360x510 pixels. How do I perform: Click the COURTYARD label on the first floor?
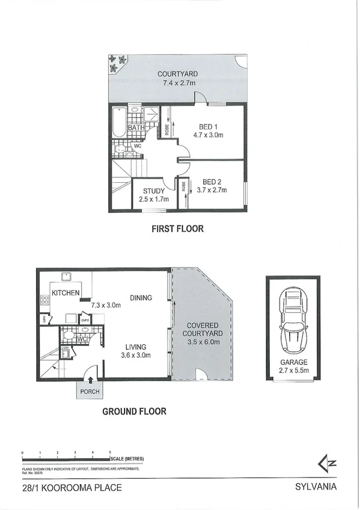pos(177,74)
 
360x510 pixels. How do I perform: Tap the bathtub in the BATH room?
pos(118,122)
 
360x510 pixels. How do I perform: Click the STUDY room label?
pos(154,191)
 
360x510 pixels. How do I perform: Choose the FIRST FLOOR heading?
pos(177,229)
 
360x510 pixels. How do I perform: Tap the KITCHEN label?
pos(66,292)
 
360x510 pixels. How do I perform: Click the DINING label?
pos(140,297)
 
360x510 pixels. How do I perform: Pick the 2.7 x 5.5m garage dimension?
pos(293,371)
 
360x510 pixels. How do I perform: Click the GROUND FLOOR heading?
pos(133,412)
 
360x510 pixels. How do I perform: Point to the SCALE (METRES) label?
pos(126,459)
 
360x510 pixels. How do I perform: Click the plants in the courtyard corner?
pos(117,62)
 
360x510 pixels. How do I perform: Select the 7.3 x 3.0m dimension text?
pos(106,305)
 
